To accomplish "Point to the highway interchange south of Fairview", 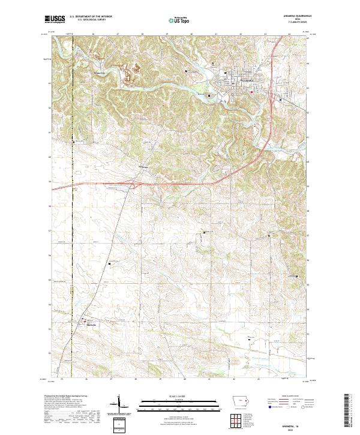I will pos(142,181).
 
